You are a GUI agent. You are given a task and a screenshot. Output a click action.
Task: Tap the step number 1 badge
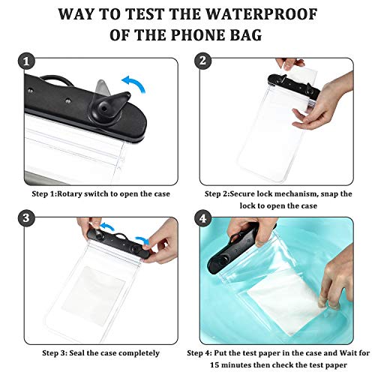pos(27,61)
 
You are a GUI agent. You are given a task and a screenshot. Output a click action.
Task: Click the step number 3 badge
pos(27,218)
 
